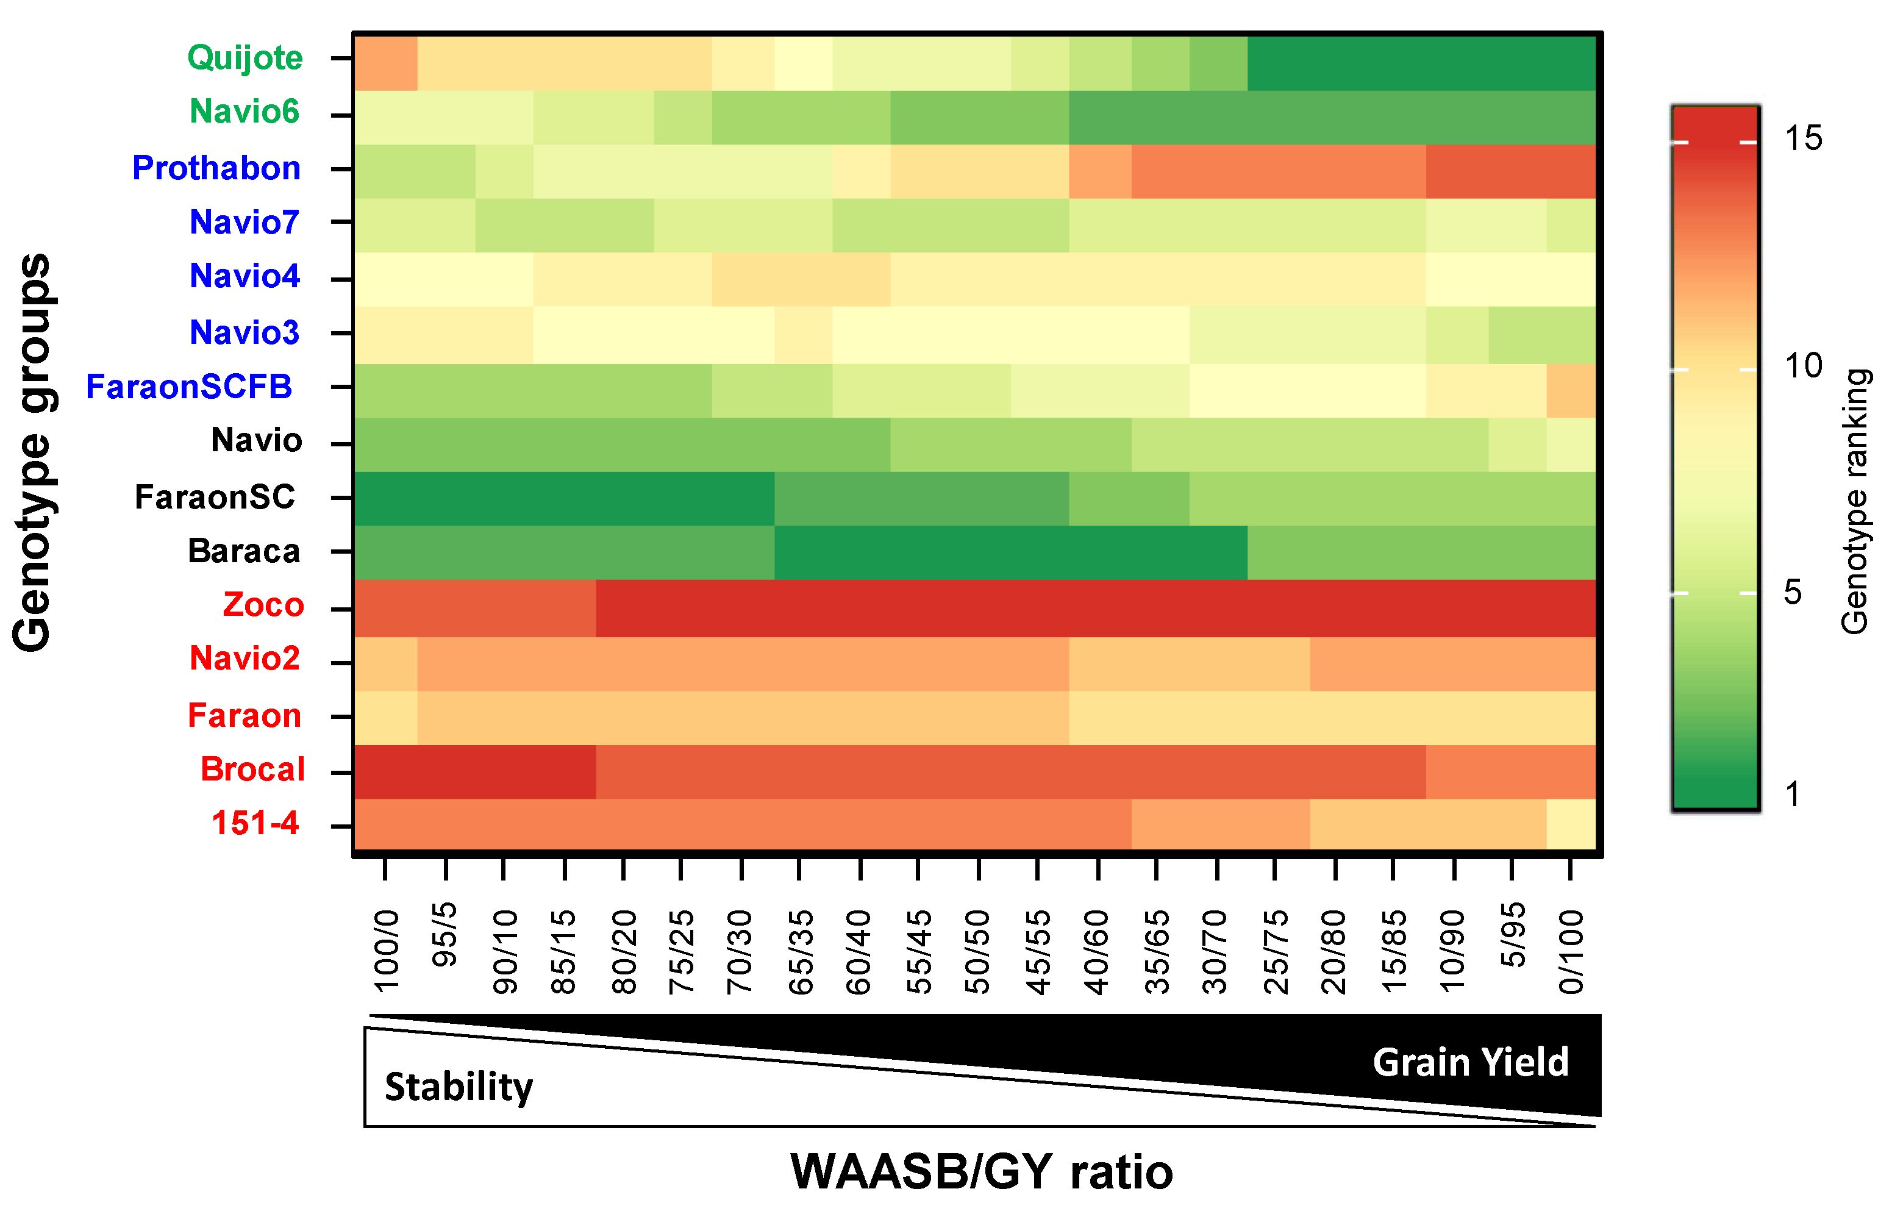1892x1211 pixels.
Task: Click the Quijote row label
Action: click(x=245, y=58)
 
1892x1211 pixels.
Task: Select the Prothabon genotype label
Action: click(x=216, y=168)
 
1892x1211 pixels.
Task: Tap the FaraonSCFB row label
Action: click(x=189, y=387)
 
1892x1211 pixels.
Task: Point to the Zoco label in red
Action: click(x=263, y=605)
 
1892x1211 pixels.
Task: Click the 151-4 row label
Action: click(x=255, y=823)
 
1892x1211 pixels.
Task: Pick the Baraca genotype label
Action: click(x=244, y=551)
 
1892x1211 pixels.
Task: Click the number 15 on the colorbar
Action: click(x=1802, y=139)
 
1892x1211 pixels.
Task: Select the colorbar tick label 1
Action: click(x=1792, y=795)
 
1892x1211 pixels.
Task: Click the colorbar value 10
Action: click(x=1802, y=366)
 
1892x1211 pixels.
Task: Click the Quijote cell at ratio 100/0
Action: click(x=385, y=63)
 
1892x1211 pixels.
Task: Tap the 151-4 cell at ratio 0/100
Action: click(x=1571, y=823)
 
